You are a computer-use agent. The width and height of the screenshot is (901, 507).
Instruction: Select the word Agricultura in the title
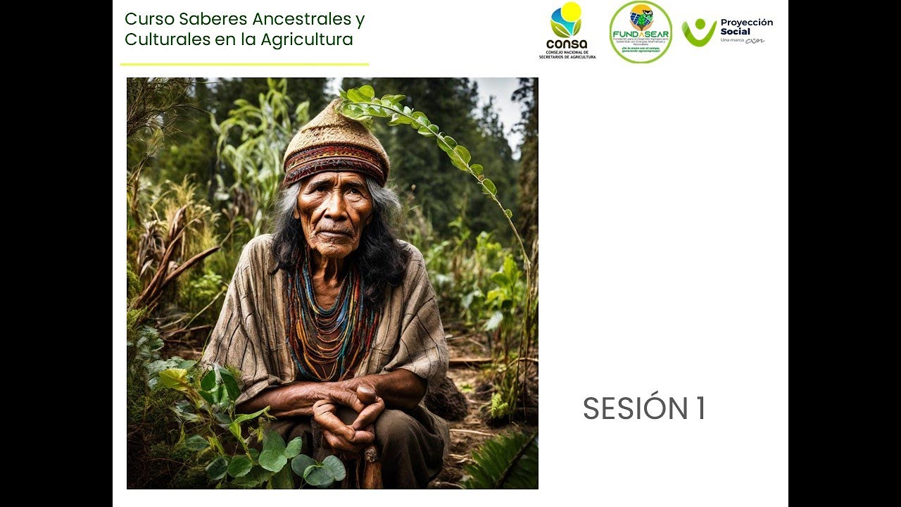pos(306,39)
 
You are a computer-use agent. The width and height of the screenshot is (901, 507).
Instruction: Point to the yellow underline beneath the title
pos(244,64)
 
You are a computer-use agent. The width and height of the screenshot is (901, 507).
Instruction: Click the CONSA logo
pos(567,31)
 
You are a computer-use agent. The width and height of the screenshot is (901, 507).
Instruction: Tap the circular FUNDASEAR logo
pos(640,32)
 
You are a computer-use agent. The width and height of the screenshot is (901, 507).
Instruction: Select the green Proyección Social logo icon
pos(698,32)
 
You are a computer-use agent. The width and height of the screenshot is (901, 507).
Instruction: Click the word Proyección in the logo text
pos(746,23)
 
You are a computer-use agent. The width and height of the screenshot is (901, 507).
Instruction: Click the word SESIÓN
pos(635,409)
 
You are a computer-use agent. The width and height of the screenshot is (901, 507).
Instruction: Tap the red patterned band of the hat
pos(336,161)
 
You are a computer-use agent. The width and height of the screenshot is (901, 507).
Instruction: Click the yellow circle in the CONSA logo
pos(571,11)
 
